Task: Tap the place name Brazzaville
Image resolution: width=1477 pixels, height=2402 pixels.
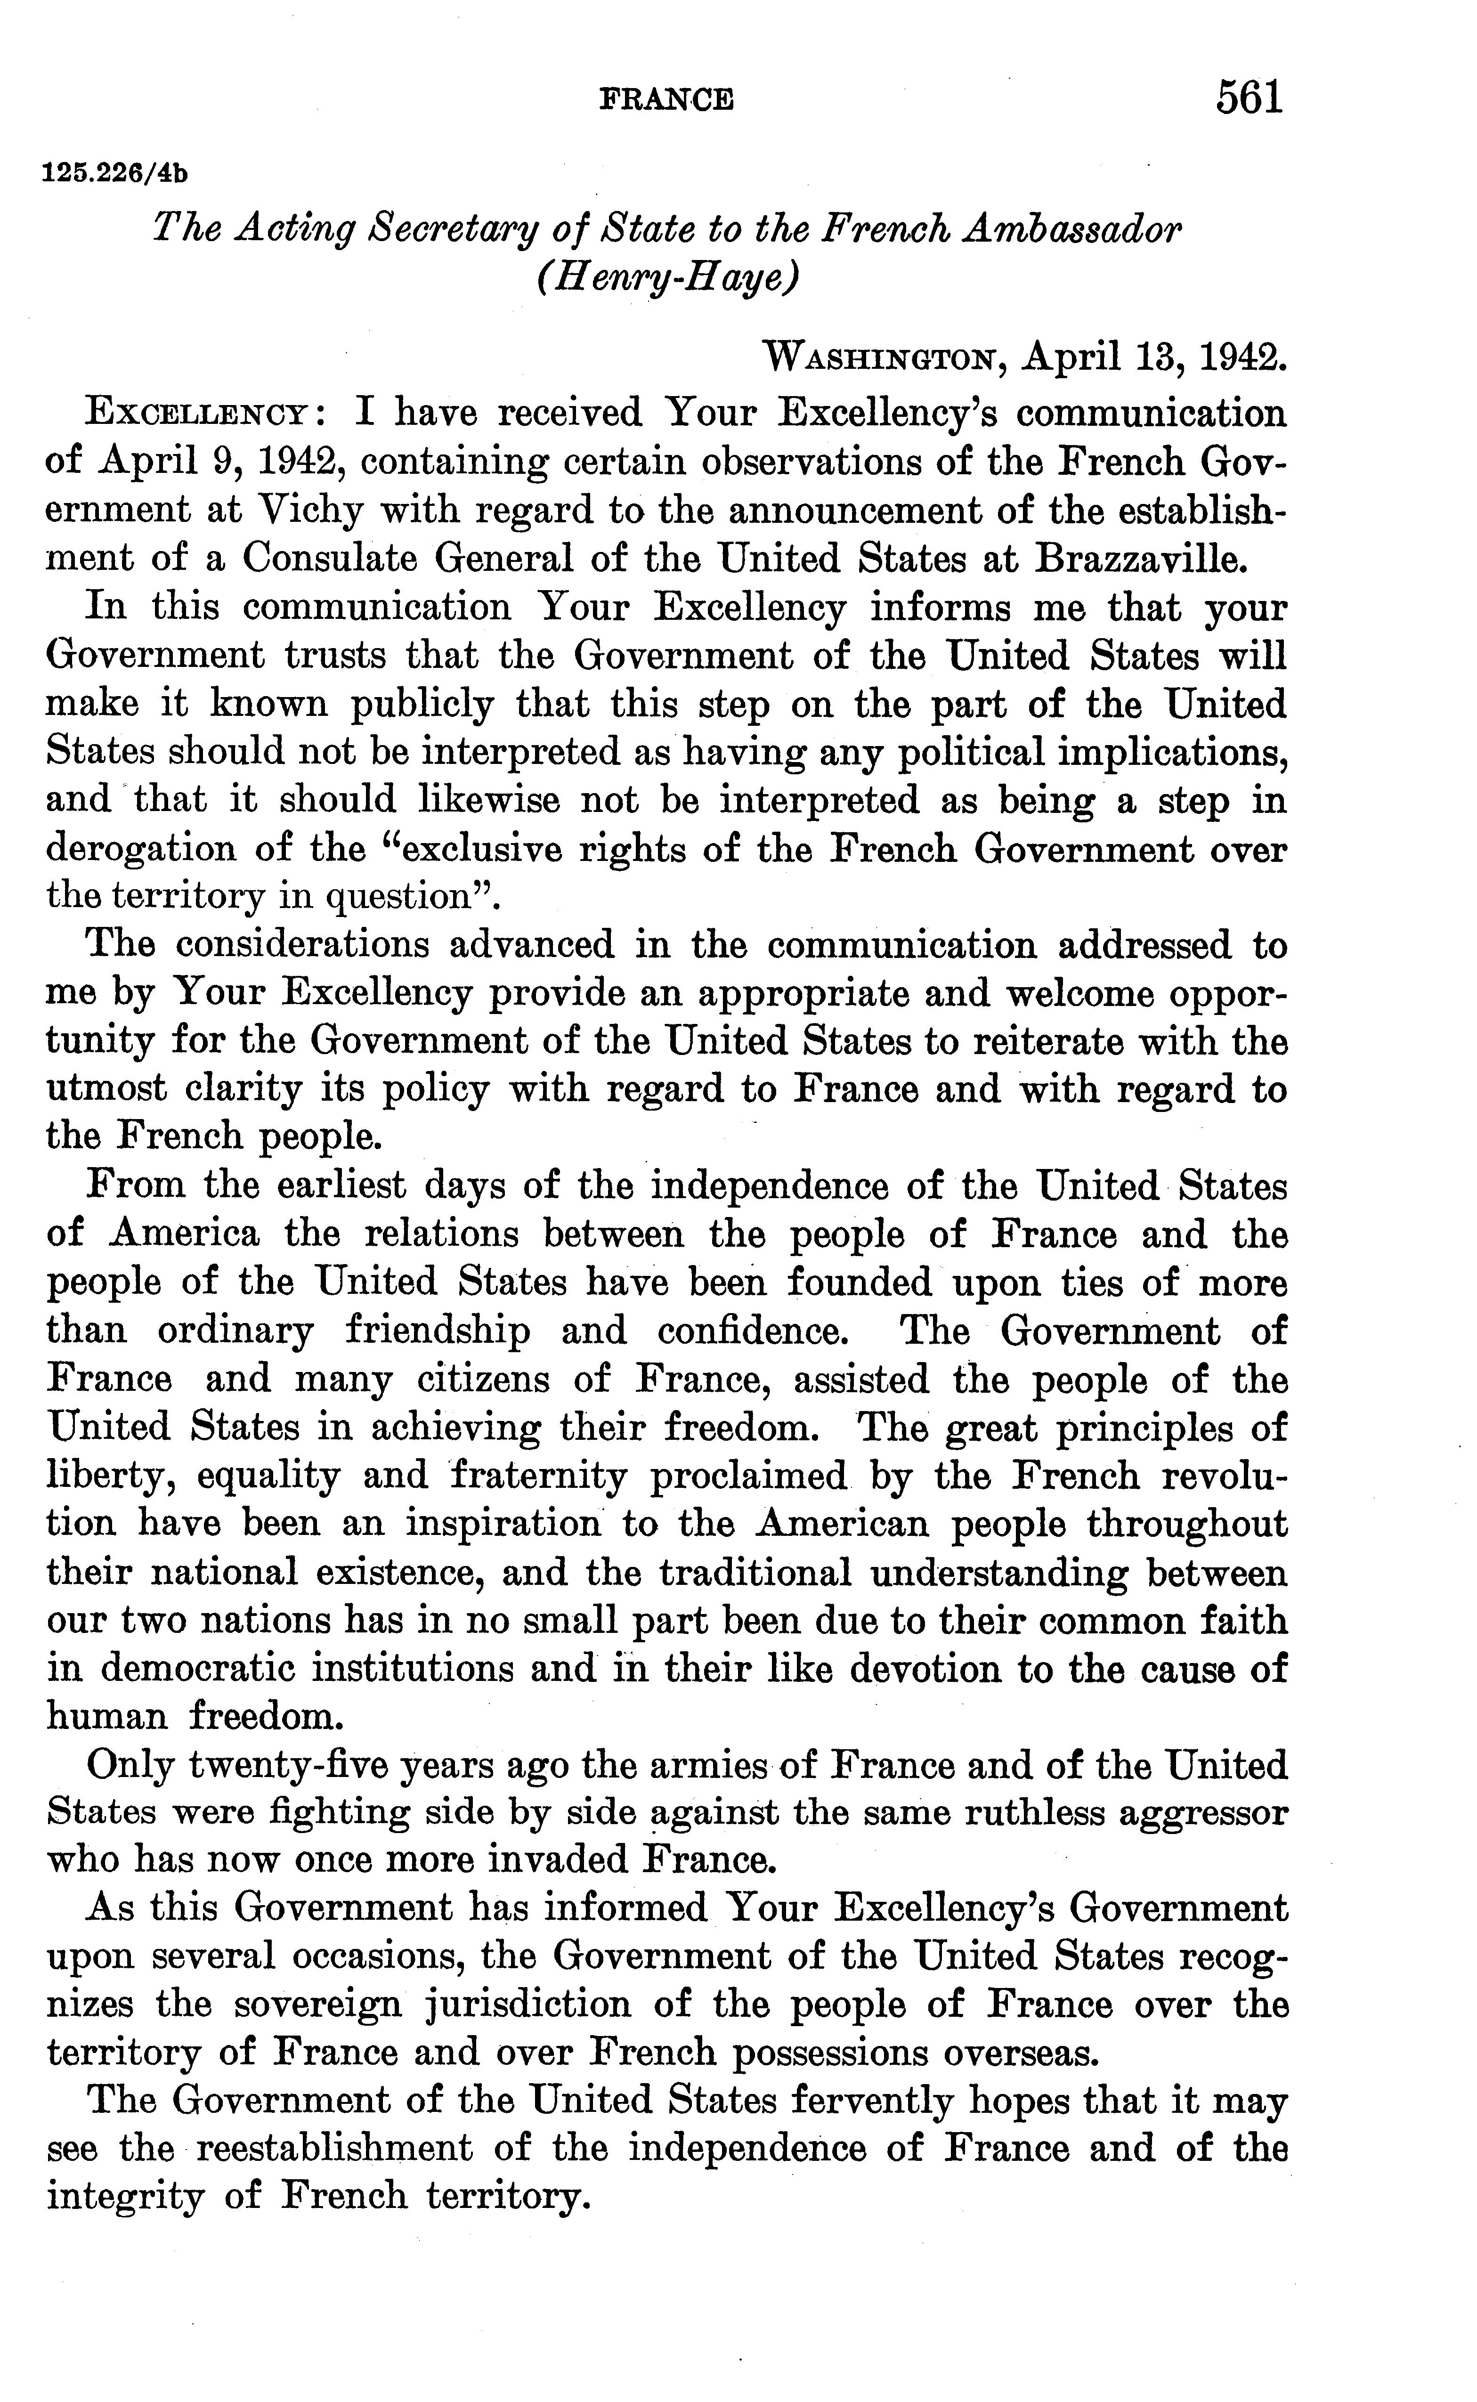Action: [x=1141, y=559]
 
